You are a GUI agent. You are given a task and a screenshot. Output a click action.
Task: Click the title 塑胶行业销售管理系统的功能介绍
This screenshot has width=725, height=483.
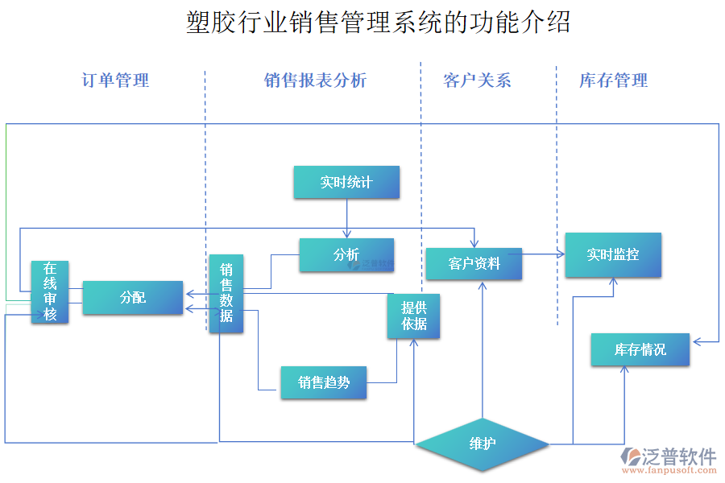pyautogui.click(x=378, y=23)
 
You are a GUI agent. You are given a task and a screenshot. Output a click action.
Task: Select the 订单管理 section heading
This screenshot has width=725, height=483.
pyautogui.click(x=115, y=80)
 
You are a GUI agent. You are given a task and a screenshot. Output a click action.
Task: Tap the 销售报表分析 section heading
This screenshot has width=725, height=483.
pyautogui.click(x=315, y=80)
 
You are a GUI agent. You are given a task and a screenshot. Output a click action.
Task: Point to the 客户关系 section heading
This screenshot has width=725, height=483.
pyautogui.click(x=477, y=80)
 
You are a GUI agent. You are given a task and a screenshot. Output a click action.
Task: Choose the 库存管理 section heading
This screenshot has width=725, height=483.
pyautogui.click(x=613, y=80)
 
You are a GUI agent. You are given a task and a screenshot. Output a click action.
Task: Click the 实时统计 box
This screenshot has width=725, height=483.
pyautogui.click(x=346, y=182)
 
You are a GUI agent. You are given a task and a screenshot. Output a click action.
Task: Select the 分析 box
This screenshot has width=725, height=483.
pyautogui.click(x=346, y=254)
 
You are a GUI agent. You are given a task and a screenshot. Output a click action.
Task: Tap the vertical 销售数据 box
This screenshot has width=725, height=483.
pyautogui.click(x=226, y=294)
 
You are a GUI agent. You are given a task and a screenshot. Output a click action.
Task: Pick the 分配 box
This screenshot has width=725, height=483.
pyautogui.click(x=133, y=298)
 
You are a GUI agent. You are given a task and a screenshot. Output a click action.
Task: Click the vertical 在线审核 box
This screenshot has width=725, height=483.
pyautogui.click(x=50, y=291)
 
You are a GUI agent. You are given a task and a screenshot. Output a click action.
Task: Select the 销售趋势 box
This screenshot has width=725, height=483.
pyautogui.click(x=324, y=383)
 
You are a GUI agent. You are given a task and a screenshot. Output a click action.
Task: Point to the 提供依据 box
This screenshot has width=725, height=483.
pyautogui.click(x=414, y=316)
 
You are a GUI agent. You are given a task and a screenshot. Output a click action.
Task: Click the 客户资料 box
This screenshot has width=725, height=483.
pyautogui.click(x=474, y=264)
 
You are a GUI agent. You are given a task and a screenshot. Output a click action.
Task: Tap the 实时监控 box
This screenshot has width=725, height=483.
pyautogui.click(x=613, y=255)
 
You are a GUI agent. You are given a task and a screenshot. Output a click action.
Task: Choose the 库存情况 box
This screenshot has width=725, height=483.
pyautogui.click(x=640, y=349)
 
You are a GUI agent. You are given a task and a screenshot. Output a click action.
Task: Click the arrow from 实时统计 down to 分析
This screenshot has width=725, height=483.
pyautogui.click(x=347, y=218)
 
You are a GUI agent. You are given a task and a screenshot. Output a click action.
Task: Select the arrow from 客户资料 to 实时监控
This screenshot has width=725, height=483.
pyautogui.click(x=543, y=254)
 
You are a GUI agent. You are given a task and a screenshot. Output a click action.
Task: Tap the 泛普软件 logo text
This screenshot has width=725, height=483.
pyautogui.click(x=678, y=456)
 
